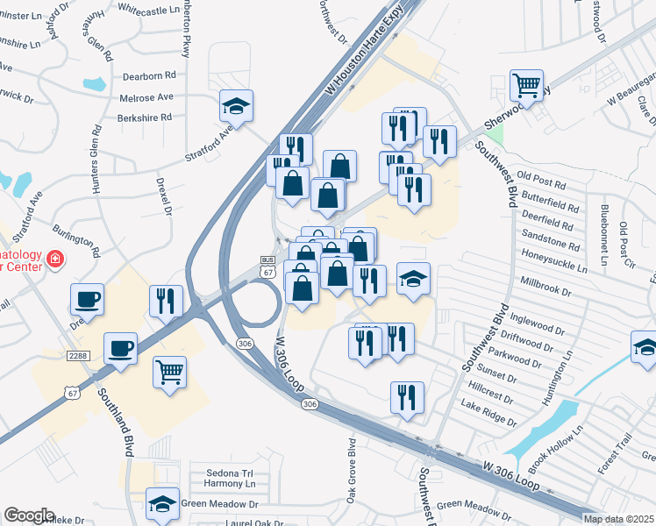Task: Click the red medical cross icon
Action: point(54,259)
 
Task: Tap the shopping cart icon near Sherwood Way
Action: point(526,85)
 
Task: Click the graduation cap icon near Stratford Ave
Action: point(237,105)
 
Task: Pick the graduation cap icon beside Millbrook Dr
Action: point(414,279)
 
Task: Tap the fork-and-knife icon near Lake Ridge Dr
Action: point(407,397)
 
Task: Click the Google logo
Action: point(30,515)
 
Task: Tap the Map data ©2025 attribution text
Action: point(617,519)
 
